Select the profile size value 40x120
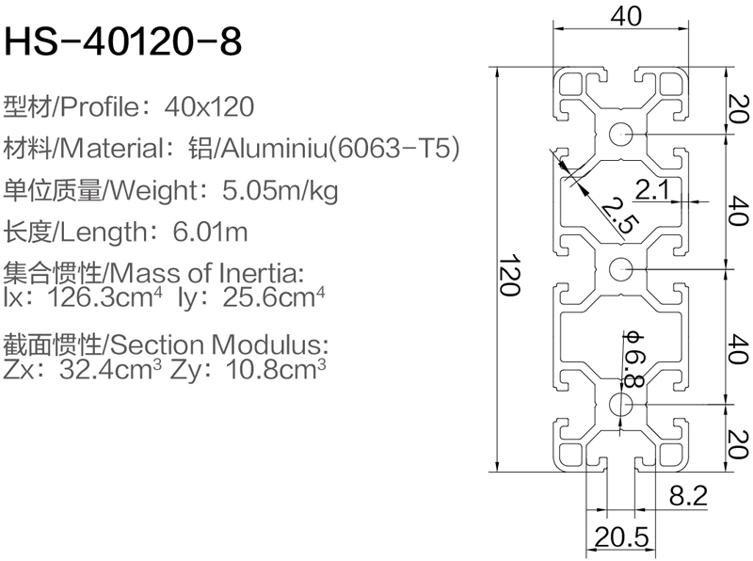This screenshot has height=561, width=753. (209, 106)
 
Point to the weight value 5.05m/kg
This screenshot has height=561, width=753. (280, 191)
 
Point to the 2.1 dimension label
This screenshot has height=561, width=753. (651, 190)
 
